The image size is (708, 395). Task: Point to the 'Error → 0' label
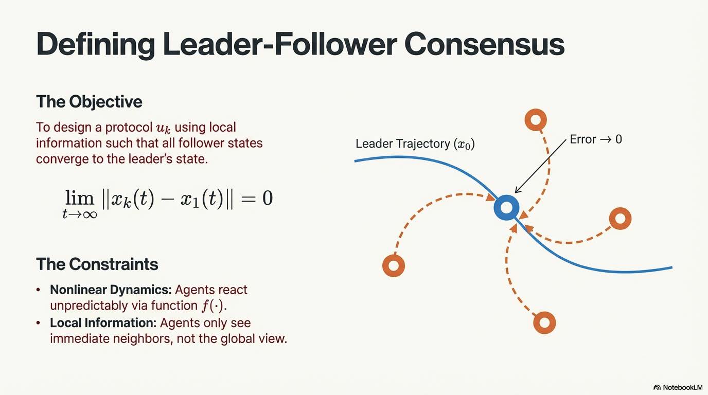tap(596, 139)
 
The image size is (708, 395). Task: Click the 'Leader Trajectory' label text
tap(403, 144)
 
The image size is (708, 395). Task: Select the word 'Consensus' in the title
tap(484, 44)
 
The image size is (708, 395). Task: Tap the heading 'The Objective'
tap(89, 102)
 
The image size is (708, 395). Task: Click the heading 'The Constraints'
tap(97, 264)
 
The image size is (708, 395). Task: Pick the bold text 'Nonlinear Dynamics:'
tap(111, 290)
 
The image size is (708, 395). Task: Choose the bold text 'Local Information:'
tap(103, 323)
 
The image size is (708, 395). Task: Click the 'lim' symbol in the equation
tap(79, 198)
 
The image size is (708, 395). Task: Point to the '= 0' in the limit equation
tap(257, 199)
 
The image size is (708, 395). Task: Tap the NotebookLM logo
tap(678, 387)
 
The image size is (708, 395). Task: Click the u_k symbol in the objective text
tap(163, 128)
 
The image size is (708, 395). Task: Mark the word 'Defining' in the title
tap(96, 44)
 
